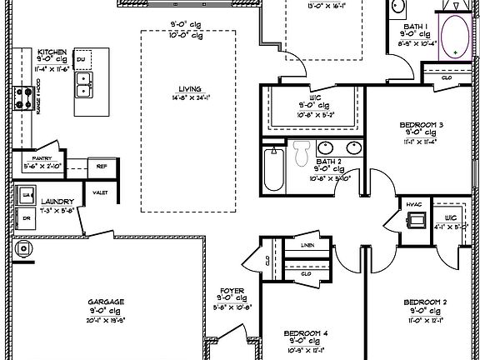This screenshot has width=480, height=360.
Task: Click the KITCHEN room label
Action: click(x=52, y=52)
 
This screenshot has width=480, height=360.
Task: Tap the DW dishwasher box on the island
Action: click(x=82, y=60)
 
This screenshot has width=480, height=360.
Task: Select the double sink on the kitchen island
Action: click(x=84, y=83)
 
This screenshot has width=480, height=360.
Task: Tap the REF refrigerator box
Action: click(x=102, y=166)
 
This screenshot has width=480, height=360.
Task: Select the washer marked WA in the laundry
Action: click(x=27, y=195)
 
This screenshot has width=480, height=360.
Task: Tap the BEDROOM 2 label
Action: click(x=426, y=302)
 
